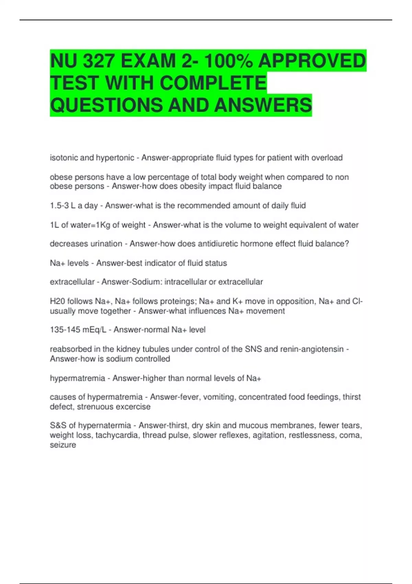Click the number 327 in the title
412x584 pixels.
coord(99,61)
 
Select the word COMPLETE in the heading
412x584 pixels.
coord(213,83)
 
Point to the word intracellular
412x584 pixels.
coord(185,282)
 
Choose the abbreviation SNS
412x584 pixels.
coord(253,349)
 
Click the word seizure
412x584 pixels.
coord(63,445)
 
